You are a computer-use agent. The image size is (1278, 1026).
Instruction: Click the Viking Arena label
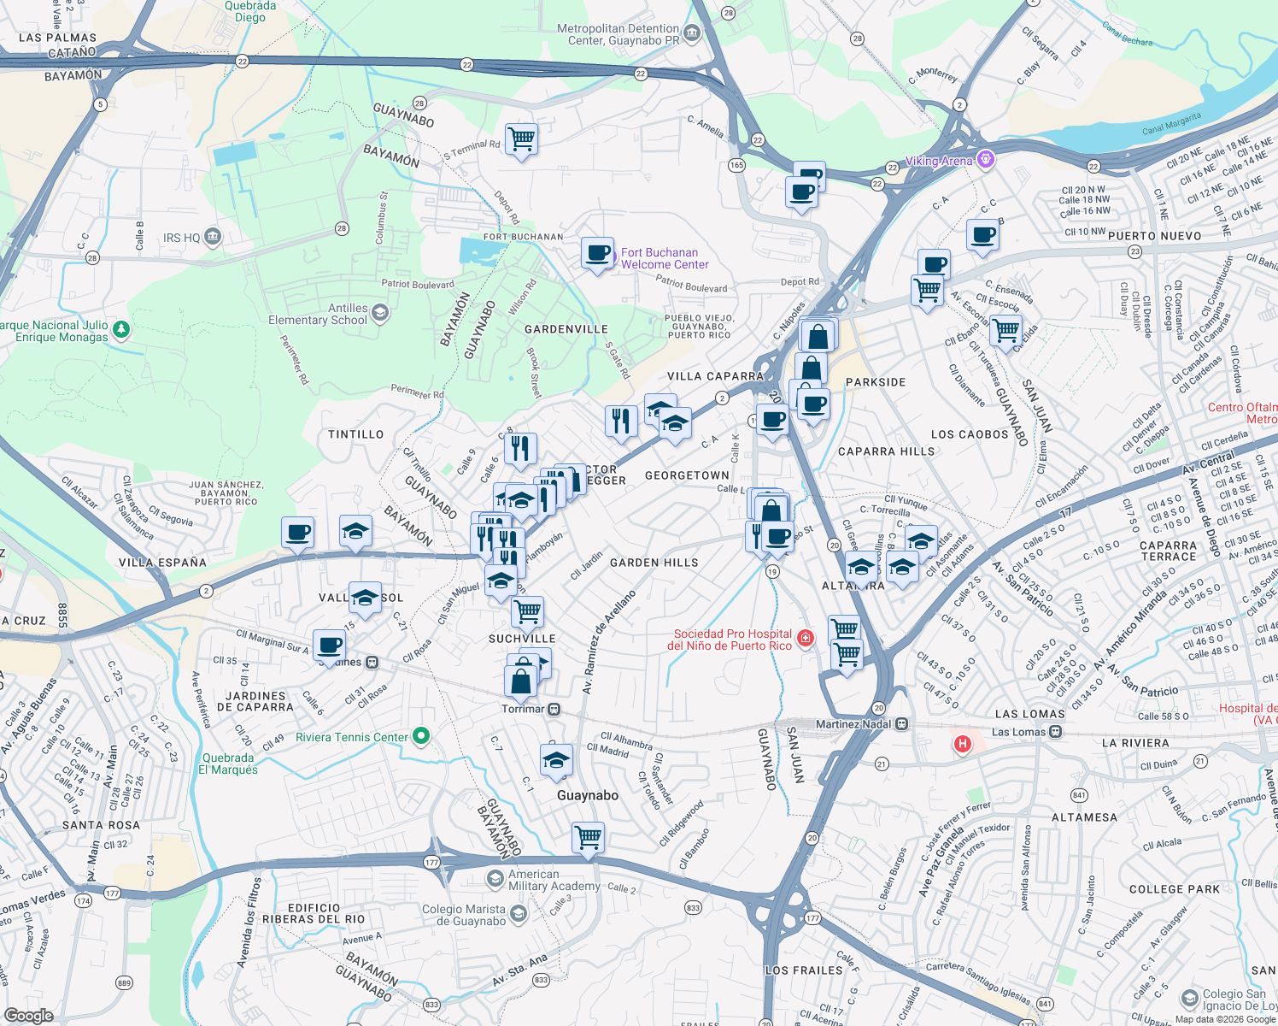(938, 161)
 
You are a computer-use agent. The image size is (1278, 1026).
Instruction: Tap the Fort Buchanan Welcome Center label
(665, 258)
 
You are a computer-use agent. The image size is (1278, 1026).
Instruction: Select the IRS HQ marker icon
(213, 237)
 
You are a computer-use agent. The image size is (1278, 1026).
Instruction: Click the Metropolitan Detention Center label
(618, 34)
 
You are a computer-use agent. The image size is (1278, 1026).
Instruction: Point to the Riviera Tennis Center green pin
(420, 736)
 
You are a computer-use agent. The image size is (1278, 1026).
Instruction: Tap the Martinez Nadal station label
(853, 724)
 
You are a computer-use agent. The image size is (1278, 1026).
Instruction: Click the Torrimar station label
(522, 709)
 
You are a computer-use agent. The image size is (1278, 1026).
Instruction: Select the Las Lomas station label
(1018, 732)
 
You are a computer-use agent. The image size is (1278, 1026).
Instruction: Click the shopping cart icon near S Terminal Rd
(521, 139)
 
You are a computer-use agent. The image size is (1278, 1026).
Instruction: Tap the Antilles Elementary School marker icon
(380, 314)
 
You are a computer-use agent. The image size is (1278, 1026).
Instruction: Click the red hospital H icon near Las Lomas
(963, 744)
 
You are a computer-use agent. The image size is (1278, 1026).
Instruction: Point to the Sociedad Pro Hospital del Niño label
(732, 640)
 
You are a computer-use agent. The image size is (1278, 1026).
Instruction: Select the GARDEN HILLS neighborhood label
(654, 563)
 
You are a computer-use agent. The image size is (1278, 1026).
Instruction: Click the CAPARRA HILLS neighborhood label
(886, 451)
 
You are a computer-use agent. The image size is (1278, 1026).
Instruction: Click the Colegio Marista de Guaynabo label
(464, 915)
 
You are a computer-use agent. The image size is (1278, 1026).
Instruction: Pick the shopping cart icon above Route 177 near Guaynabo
(588, 838)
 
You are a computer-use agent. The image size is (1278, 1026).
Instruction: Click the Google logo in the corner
(28, 1016)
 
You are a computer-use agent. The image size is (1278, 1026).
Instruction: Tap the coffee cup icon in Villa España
(298, 533)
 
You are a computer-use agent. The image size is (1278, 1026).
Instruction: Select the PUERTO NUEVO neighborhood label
(1154, 236)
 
